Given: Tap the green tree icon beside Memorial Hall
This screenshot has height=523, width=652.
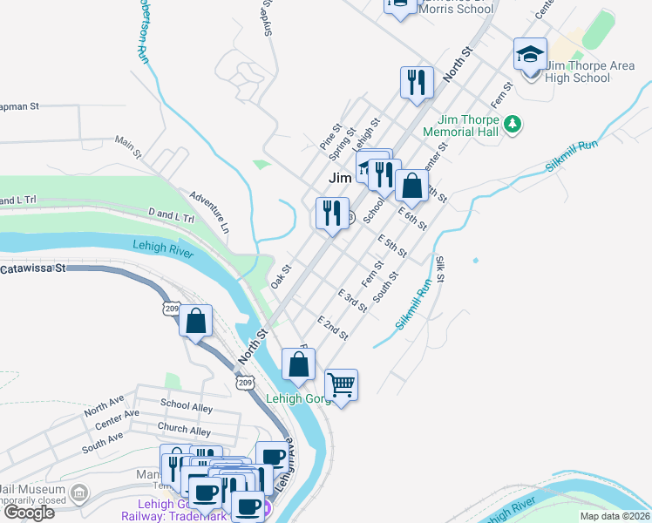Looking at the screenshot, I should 515,125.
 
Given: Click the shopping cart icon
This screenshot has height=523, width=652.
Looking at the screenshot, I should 342,384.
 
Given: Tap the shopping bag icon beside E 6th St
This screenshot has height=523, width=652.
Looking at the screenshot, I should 411,185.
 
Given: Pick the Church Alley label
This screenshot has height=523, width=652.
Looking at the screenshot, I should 184,430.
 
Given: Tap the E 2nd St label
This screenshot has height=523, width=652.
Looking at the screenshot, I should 333,328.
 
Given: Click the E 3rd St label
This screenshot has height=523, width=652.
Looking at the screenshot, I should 353,301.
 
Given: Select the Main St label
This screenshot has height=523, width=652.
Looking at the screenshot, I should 128,146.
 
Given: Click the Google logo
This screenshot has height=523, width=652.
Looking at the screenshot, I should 28,513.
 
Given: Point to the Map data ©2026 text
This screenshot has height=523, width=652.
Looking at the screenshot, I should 614,516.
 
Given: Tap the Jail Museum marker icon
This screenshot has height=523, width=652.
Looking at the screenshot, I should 80,494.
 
